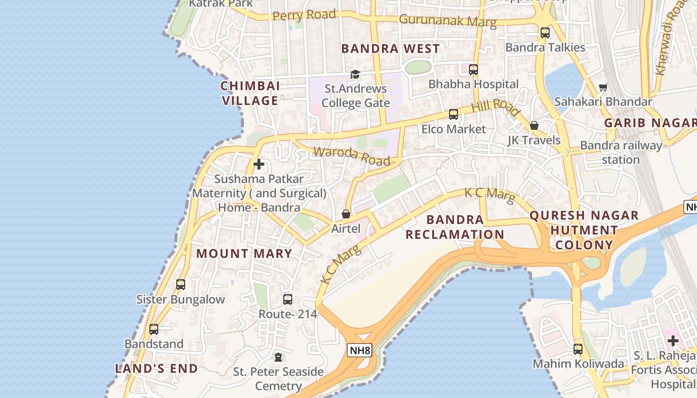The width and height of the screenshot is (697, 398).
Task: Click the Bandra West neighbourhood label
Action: pos(391,49)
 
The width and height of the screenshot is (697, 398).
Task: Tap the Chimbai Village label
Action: pos(249,94)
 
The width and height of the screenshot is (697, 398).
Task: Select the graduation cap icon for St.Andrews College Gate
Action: pos(354,75)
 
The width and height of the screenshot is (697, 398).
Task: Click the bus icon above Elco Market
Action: pos(453,114)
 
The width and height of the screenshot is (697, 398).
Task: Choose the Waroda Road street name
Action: pos(351,156)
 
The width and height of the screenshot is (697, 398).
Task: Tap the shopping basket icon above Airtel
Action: pos(346,214)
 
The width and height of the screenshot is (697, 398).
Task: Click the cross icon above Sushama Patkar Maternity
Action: pos(259,164)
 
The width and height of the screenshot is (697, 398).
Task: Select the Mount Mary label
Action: pos(244,254)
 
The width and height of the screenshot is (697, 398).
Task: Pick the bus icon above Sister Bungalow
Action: pos(181,285)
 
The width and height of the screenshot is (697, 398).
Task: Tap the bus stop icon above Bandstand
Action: pos(154,329)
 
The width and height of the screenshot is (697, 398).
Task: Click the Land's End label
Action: pos(156,369)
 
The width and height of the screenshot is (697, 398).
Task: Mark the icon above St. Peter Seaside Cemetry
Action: pos(278,357)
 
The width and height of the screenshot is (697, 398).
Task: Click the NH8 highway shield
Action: pos(359,351)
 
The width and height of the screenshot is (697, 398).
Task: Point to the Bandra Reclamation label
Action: pos(455,227)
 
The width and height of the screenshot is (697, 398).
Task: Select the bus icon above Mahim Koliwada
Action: pos(578,349)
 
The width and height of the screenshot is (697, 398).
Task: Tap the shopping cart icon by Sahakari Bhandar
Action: pos(603,88)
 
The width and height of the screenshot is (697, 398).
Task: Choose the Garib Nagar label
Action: pos(650,123)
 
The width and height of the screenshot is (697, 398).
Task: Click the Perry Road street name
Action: pos(304,15)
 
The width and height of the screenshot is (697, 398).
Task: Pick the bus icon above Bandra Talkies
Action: pos(545,33)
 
